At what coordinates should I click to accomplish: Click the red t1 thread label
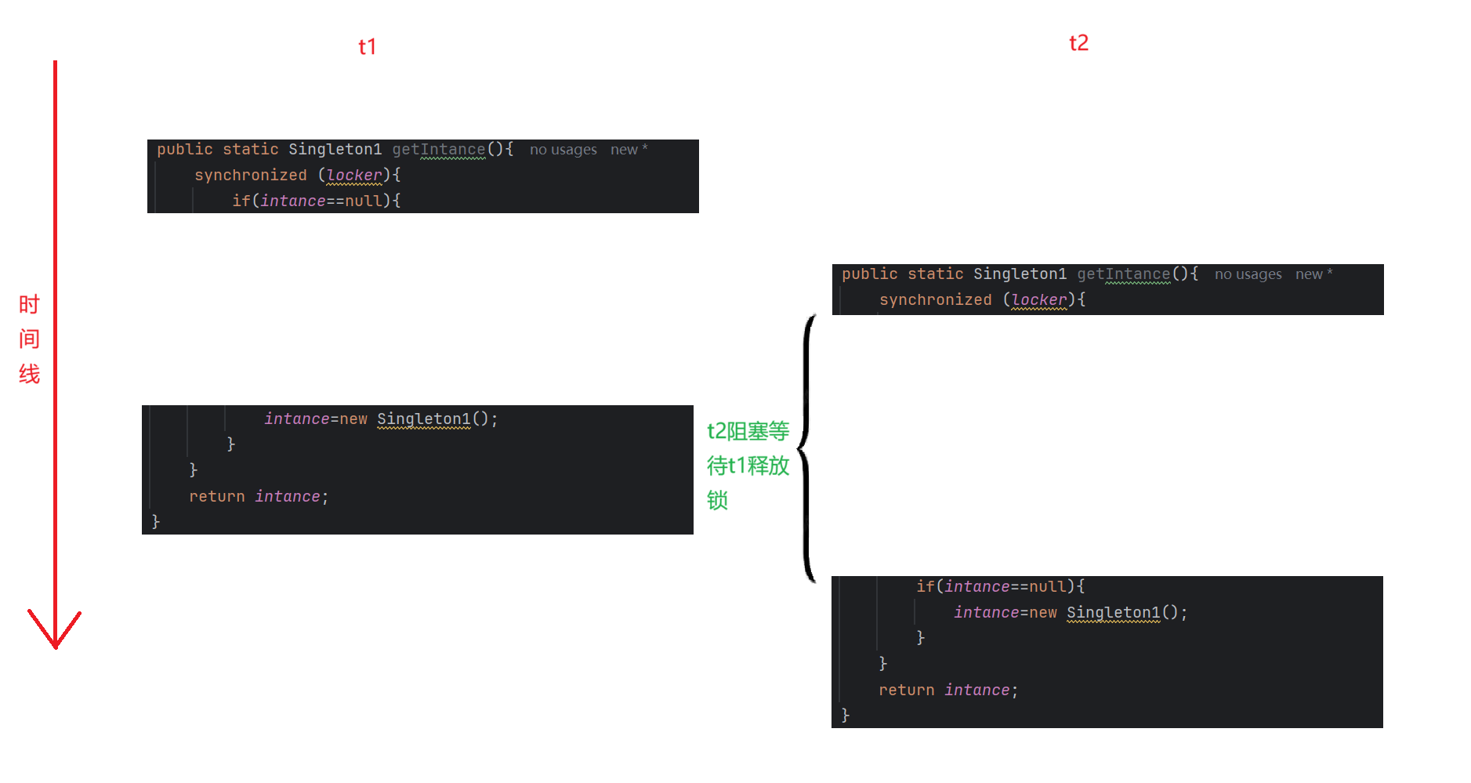pyautogui.click(x=367, y=47)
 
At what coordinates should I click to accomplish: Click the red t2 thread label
pyautogui.click(x=1078, y=43)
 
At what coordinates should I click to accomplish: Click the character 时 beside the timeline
pyautogui.click(x=29, y=304)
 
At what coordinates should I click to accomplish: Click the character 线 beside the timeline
pyautogui.click(x=29, y=374)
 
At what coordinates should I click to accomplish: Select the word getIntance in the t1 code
pyautogui.click(x=438, y=149)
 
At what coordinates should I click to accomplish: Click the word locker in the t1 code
pyautogui.click(x=353, y=175)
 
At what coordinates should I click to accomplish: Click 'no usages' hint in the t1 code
pyautogui.click(x=563, y=150)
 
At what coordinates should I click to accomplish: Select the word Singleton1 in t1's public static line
pyautogui.click(x=335, y=149)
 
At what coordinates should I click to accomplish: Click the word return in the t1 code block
pyautogui.click(x=216, y=496)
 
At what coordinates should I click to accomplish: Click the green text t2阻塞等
pyautogui.click(x=748, y=431)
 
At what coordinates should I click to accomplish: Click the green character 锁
pyautogui.click(x=717, y=500)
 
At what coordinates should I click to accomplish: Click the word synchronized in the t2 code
pyautogui.click(x=935, y=299)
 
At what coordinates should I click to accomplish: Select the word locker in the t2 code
pyautogui.click(x=1038, y=299)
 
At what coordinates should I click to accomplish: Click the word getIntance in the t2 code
pyautogui.click(x=1123, y=274)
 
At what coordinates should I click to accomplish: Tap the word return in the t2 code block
pyautogui.click(x=906, y=690)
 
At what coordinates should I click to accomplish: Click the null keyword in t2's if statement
pyautogui.click(x=1047, y=586)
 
